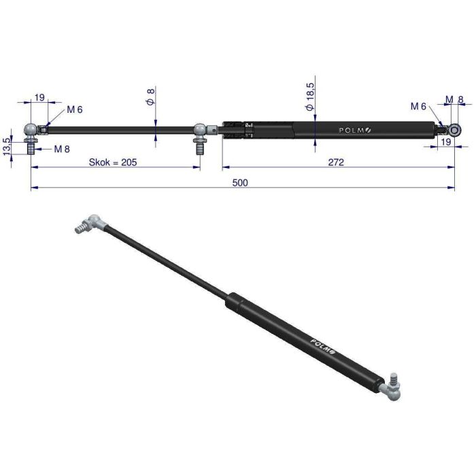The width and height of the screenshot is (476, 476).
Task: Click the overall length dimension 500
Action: (x=239, y=182)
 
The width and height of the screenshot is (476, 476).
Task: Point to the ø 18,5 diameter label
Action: (x=310, y=97)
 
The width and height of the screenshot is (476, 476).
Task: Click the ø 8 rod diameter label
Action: (x=151, y=97)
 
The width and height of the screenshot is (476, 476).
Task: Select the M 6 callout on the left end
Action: (x=74, y=110)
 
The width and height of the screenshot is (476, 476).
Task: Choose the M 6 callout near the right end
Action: (x=418, y=106)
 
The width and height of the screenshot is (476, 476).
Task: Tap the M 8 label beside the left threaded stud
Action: (x=62, y=148)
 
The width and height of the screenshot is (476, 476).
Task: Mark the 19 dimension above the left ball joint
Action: (x=39, y=97)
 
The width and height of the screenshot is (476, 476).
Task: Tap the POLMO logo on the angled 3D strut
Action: (x=322, y=347)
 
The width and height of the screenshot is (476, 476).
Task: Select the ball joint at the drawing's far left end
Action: (x=31, y=130)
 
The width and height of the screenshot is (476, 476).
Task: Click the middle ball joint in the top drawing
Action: (x=199, y=130)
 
